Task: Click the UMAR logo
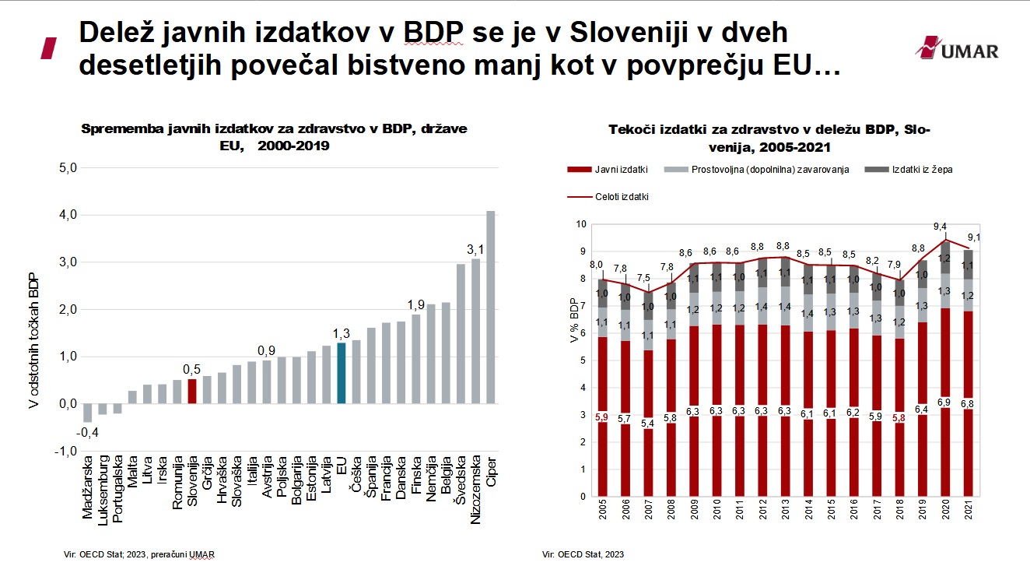coord(956,49)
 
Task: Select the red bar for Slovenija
coord(192,391)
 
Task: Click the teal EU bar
coord(341,373)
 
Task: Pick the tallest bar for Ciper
coord(490,307)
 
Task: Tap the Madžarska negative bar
coord(88,413)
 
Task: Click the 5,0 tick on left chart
coord(68,167)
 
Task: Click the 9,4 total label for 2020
coord(943,227)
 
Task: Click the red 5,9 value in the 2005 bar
coord(602,417)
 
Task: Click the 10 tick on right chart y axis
coord(580,224)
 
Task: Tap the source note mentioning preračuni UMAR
coord(138,554)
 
